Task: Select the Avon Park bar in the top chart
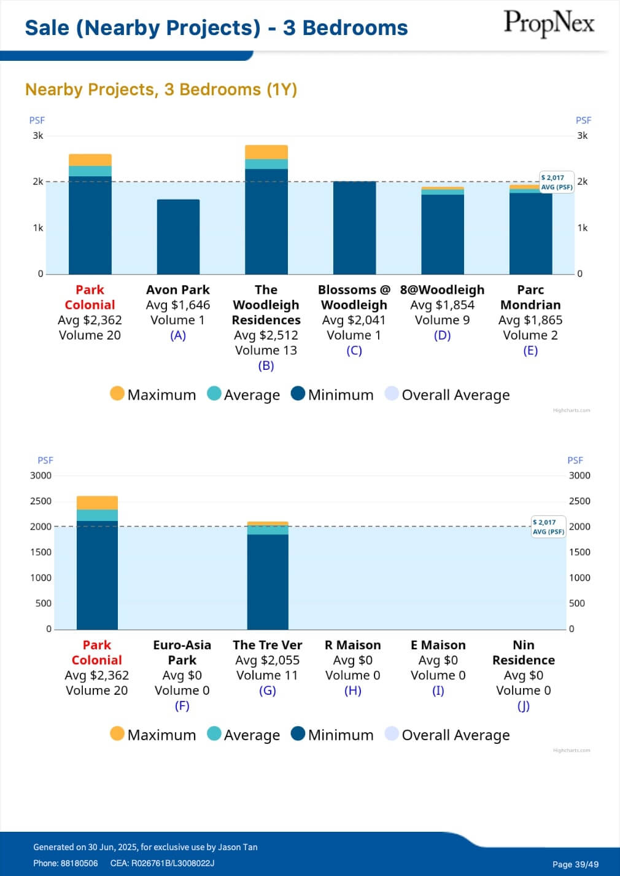[178, 237]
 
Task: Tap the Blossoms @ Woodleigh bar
[354, 227]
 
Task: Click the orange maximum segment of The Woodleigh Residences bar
[266, 152]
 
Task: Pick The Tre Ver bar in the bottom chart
[268, 577]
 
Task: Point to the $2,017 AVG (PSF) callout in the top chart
[557, 182]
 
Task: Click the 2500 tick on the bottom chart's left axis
[41, 501]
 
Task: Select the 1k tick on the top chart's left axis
[38, 228]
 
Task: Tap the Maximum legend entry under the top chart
[153, 394]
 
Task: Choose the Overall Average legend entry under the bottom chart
[448, 735]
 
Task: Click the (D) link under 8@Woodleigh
[442, 335]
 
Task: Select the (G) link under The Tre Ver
[268, 690]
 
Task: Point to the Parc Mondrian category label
[530, 297]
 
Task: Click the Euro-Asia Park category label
[182, 652]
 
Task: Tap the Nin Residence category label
[524, 652]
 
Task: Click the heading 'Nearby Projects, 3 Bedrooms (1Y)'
[161, 90]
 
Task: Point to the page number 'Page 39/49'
[575, 864]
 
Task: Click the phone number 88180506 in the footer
[79, 863]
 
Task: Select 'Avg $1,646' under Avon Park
[178, 305]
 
